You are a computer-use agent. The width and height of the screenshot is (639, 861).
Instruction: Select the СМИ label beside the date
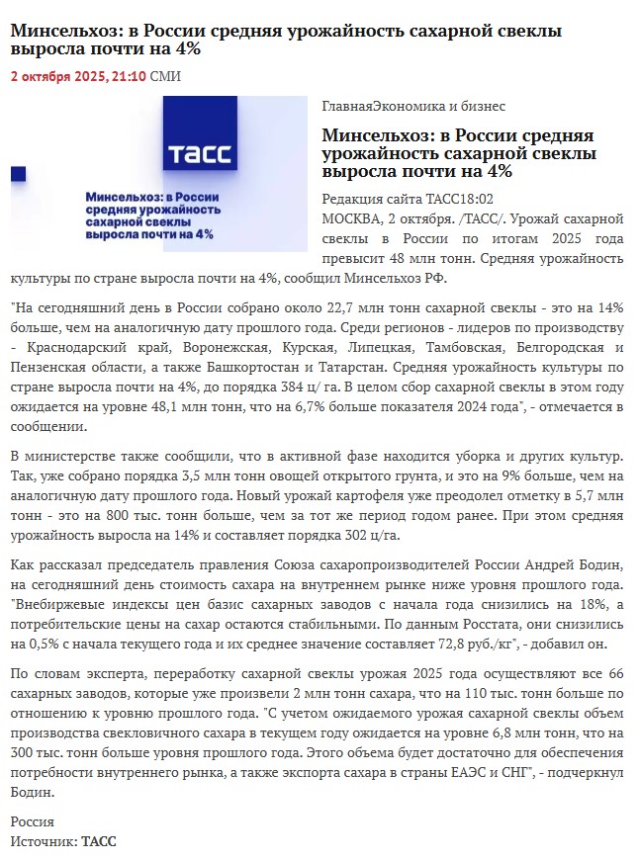click(x=165, y=76)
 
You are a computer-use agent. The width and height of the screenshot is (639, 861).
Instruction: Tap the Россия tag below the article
click(x=32, y=821)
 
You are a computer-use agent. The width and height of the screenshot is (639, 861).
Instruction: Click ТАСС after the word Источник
click(x=98, y=841)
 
